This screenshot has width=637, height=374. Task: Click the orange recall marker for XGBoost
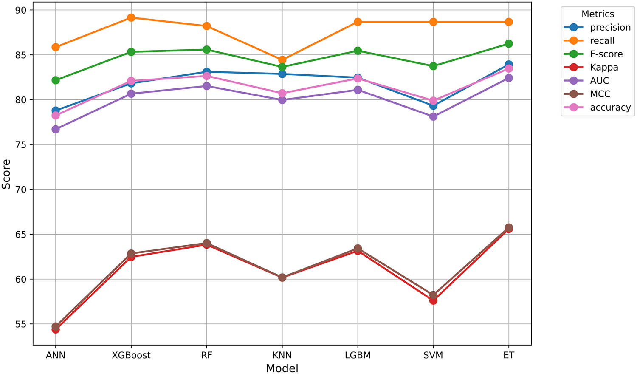131,17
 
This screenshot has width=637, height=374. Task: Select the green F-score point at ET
508,44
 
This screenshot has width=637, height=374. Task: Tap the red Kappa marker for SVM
433,300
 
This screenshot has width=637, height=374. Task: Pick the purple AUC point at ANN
56,129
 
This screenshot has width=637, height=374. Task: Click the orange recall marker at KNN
282,60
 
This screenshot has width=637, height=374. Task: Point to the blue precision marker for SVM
433,106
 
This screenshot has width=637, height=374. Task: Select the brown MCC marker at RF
206,243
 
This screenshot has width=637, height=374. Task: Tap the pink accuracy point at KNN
282,93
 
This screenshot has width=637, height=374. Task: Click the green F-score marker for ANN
56,80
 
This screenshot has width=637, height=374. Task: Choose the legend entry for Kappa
603,67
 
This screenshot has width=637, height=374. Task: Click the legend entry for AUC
599,81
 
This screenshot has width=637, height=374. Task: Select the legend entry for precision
610,27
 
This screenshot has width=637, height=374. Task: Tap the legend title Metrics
598,14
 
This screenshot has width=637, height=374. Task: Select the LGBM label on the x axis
358,355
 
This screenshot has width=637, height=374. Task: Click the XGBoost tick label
131,355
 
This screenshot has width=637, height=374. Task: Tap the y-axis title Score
6,174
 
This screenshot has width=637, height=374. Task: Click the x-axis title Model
282,368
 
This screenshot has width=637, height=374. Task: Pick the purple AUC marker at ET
508,78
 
